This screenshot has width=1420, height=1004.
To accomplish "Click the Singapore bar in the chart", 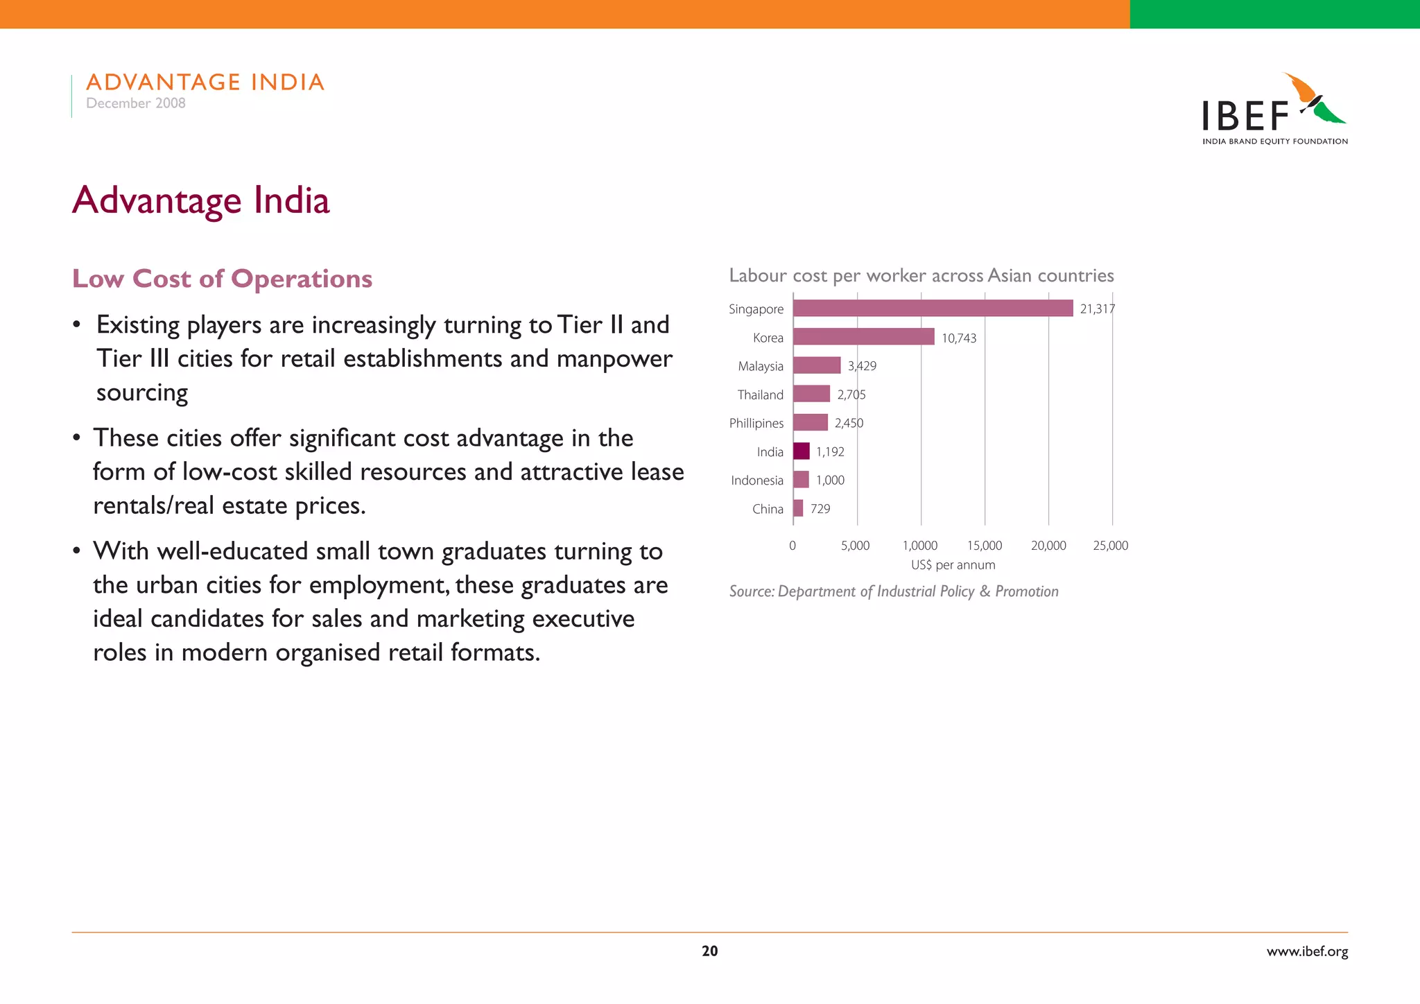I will click(933, 308).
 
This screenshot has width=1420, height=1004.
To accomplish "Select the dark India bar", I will click(801, 451).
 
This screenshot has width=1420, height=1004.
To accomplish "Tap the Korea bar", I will click(863, 337).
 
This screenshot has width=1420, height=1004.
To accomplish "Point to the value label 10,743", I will click(959, 338).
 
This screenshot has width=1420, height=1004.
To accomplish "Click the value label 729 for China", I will click(820, 509).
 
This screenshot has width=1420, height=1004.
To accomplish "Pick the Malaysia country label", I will click(761, 366).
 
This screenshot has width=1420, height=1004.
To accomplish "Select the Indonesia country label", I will click(757, 481).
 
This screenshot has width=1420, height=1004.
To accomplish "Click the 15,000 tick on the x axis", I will click(985, 546).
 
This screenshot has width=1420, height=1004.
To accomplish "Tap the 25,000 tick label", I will click(1110, 546).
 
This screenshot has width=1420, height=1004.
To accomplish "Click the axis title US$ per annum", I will click(953, 565).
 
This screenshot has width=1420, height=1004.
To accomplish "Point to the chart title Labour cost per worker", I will click(921, 276).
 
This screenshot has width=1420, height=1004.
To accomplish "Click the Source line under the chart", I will click(894, 591).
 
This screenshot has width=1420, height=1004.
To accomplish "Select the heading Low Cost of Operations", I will click(223, 279).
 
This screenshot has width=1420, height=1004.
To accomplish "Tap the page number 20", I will click(709, 951).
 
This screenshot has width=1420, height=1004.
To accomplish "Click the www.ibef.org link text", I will click(1307, 951).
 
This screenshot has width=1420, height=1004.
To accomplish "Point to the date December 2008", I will click(136, 103).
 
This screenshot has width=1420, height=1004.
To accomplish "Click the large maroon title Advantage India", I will click(201, 200).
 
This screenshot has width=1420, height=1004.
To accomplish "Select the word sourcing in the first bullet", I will click(142, 392).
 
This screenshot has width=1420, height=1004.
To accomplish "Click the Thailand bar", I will click(811, 394).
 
